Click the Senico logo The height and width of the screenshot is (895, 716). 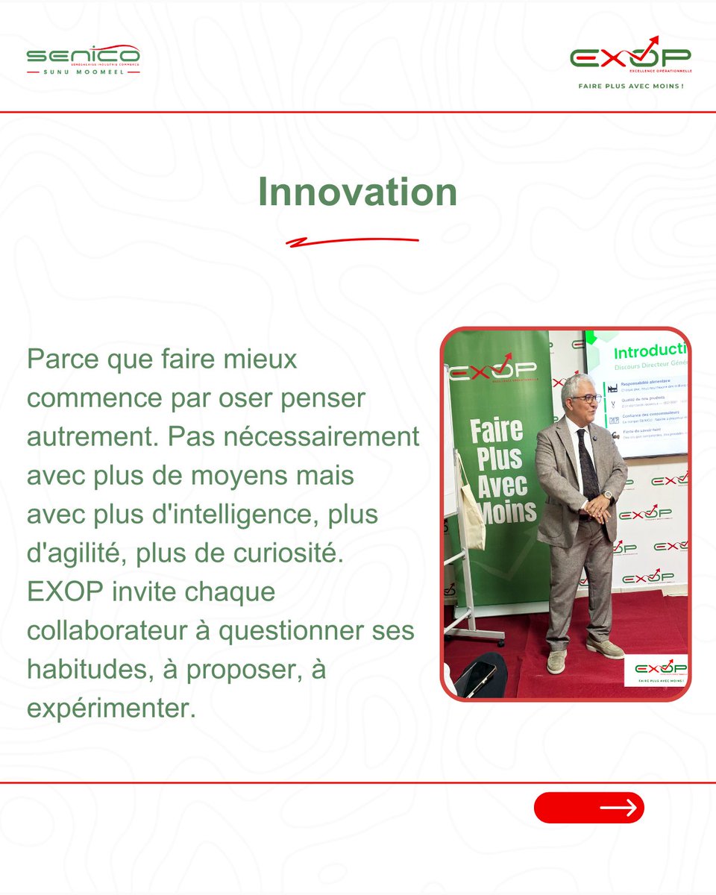[x=83, y=60]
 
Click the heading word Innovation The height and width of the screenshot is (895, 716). [x=357, y=192]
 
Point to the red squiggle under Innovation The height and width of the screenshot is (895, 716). [x=352, y=242]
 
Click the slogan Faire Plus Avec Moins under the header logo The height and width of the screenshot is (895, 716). [x=631, y=86]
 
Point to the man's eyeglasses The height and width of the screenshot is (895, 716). [x=585, y=398]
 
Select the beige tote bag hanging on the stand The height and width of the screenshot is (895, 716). [x=472, y=507]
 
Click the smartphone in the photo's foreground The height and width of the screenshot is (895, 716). [x=478, y=676]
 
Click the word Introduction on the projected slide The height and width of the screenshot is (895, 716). [x=649, y=351]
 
